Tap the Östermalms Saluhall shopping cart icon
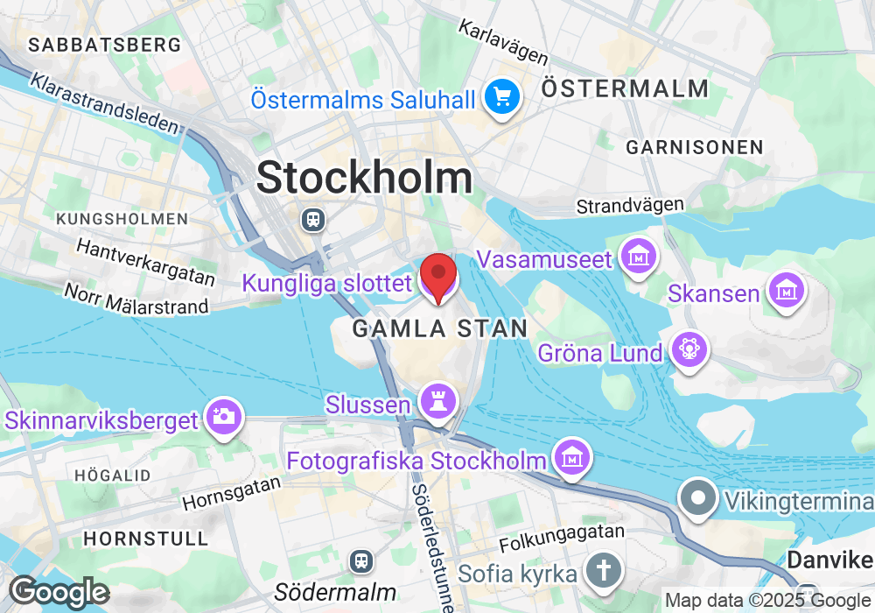point(503,96)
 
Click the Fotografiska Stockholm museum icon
point(572,457)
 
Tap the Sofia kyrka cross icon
point(604,571)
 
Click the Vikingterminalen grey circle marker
point(698,499)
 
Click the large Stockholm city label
point(365,178)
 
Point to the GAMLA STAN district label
point(440,329)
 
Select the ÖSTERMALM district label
point(625,88)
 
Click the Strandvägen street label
point(630,206)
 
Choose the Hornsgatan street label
point(234,493)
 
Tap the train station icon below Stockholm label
point(312,219)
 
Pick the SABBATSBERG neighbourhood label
point(105,44)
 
